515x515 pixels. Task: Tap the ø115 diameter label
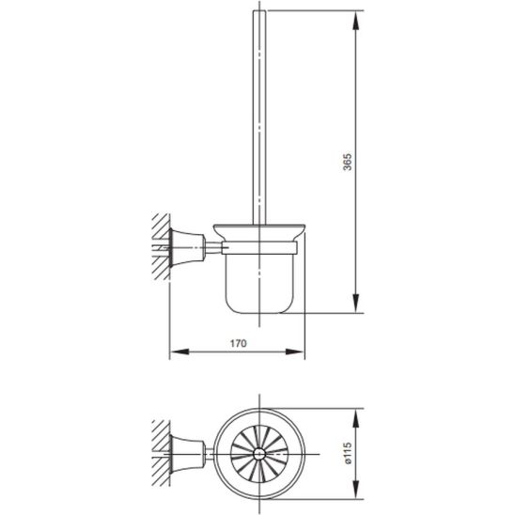point(347,457)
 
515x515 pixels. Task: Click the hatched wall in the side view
point(157,246)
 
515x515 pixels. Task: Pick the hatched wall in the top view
point(157,457)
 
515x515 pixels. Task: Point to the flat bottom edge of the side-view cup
point(263,311)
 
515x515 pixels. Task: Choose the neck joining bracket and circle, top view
point(212,457)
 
